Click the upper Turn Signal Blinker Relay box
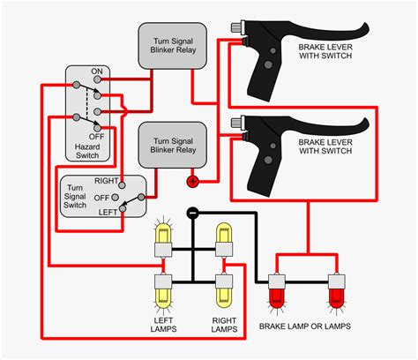click(x=173, y=45)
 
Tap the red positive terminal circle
click(x=190, y=182)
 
